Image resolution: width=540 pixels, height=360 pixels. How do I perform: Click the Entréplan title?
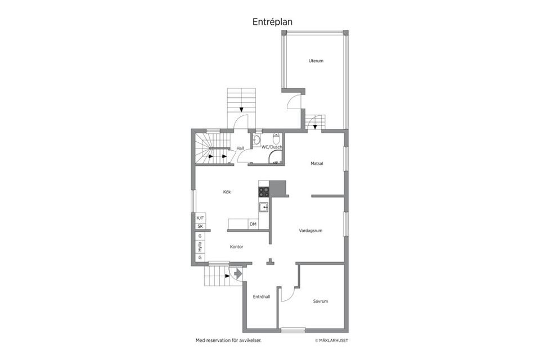(272, 22)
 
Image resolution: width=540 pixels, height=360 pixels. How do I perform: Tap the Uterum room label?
(316, 61)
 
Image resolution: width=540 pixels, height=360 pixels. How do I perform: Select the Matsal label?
(317, 164)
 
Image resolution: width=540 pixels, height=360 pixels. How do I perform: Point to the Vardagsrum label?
(310, 231)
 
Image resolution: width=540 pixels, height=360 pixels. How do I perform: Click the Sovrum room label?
(320, 301)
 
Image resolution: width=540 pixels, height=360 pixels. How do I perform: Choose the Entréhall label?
(262, 296)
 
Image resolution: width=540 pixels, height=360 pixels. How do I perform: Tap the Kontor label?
(237, 247)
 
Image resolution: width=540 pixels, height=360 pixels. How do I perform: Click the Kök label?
(227, 192)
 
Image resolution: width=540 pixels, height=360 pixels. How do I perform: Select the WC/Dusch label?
(272, 147)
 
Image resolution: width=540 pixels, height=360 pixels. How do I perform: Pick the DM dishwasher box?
(253, 224)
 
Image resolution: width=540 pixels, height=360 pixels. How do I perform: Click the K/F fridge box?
(200, 218)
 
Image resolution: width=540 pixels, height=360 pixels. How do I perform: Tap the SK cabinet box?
(200, 226)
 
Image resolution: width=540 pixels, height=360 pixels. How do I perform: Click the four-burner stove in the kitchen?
(264, 192)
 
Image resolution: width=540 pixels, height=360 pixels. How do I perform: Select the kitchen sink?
(264, 208)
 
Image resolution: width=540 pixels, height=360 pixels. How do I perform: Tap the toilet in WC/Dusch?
(276, 138)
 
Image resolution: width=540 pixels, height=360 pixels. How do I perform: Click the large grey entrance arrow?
(238, 273)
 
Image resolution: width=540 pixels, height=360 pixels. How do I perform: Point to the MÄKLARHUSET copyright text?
(331, 341)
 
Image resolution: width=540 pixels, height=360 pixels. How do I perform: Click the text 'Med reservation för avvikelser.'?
(229, 340)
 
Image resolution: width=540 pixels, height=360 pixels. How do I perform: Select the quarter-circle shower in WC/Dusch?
(275, 157)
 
